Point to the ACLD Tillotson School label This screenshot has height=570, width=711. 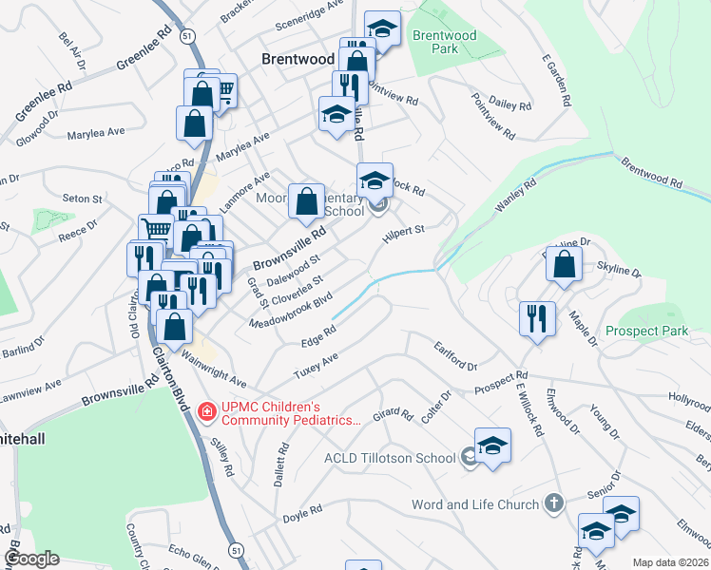point(389,458)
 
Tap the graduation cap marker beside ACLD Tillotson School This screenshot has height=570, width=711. point(492,446)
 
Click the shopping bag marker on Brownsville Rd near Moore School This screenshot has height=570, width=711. point(306,200)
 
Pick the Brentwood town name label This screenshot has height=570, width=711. point(298,59)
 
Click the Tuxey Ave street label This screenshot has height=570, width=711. point(316,368)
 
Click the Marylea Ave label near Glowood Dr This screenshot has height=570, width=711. point(97,134)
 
